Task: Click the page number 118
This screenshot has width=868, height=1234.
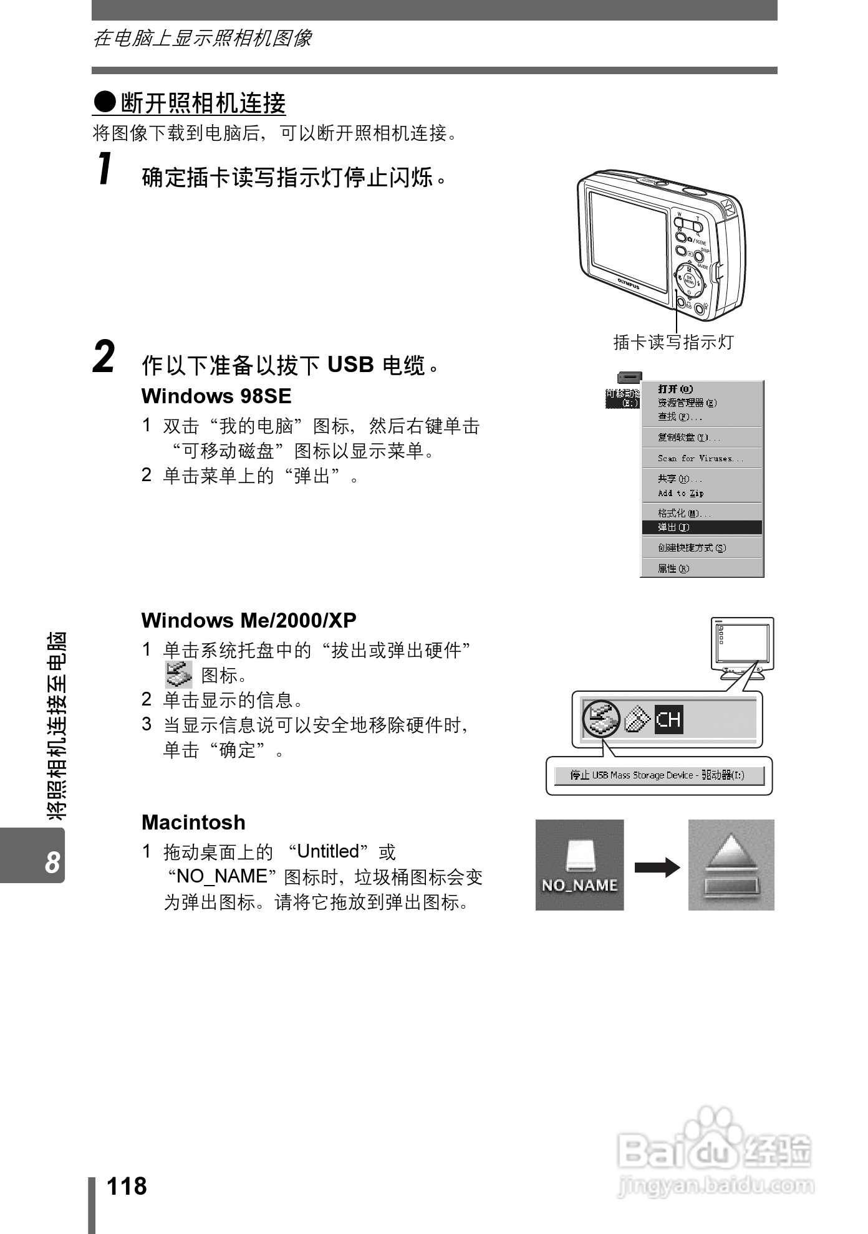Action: pyautogui.click(x=127, y=1186)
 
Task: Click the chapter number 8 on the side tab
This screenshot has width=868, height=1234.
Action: pyautogui.click(x=52, y=863)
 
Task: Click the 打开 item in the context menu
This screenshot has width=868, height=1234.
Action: pyautogui.click(x=675, y=389)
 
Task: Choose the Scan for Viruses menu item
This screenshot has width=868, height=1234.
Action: pyautogui.click(x=700, y=458)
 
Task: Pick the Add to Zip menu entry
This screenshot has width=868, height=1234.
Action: pyautogui.click(x=680, y=493)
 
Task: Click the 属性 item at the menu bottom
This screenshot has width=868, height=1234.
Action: pyautogui.click(x=673, y=568)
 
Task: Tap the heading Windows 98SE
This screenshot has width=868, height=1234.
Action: pyautogui.click(x=216, y=396)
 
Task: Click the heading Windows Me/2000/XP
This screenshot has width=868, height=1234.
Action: pyautogui.click(x=249, y=620)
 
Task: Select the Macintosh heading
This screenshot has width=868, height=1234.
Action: pyautogui.click(x=193, y=822)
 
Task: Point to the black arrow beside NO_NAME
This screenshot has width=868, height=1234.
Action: pyautogui.click(x=657, y=867)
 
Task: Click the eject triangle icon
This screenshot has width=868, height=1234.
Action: pyautogui.click(x=731, y=865)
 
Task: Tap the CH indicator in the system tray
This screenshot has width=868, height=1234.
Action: pyautogui.click(x=668, y=720)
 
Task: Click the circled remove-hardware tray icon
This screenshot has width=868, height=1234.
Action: pyautogui.click(x=601, y=719)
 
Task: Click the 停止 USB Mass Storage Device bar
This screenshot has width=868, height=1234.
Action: pyautogui.click(x=658, y=775)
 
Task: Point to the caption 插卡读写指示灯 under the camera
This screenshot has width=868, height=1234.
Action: pyautogui.click(x=673, y=342)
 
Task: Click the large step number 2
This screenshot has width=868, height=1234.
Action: pyautogui.click(x=104, y=357)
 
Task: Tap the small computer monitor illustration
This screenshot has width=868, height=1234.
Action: pyautogui.click(x=742, y=647)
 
